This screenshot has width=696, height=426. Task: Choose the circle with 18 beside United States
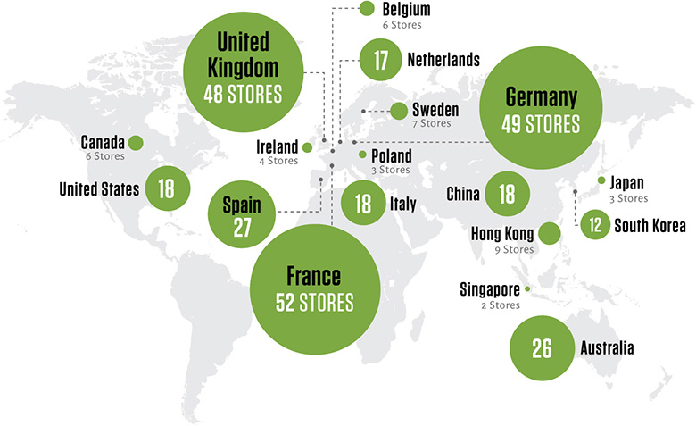pyautogui.click(x=166, y=188)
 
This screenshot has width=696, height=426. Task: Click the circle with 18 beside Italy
pyautogui.click(x=363, y=204)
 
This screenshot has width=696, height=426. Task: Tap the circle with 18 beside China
pyautogui.click(x=507, y=194)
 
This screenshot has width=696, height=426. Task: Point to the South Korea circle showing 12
pyautogui.click(x=592, y=225)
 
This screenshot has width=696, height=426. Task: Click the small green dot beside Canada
pyautogui.click(x=137, y=143)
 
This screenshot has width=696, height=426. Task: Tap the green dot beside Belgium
pyautogui.click(x=365, y=9)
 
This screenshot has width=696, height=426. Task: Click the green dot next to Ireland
pyautogui.click(x=308, y=147)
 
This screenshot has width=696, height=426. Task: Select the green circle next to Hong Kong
pyautogui.click(x=549, y=234)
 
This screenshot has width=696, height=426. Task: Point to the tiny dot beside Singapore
pyautogui.click(x=528, y=288)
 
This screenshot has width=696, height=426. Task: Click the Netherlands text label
pyautogui.click(x=443, y=61)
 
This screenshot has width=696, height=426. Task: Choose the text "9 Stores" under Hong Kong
pyautogui.click(x=514, y=250)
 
